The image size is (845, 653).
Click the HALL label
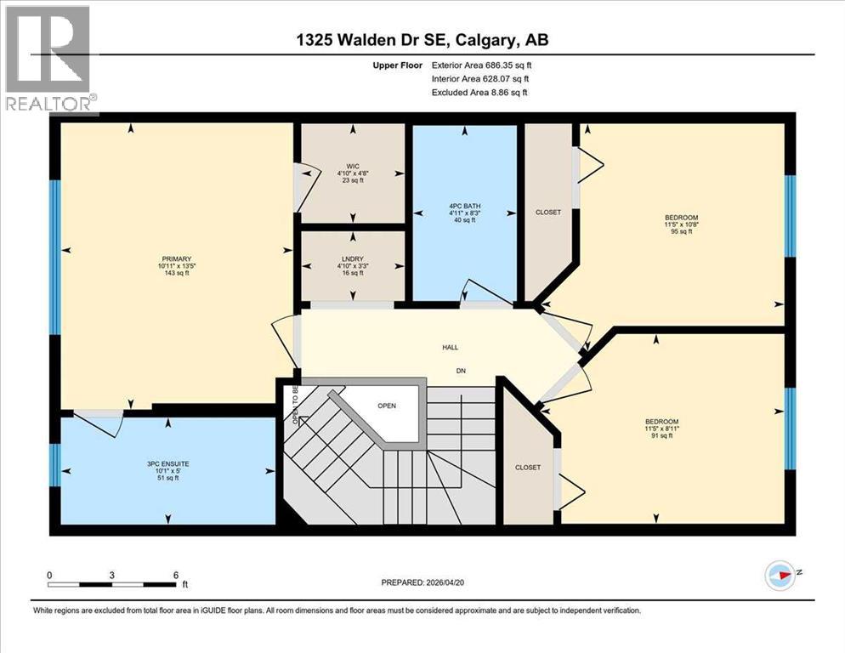pyautogui.click(x=450, y=347)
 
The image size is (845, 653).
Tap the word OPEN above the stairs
pyautogui.click(x=387, y=406)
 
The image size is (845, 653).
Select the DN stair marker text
pyautogui.click(x=460, y=372)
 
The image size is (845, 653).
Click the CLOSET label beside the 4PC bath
pyautogui.click(x=548, y=213)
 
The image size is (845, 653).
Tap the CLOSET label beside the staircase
pyautogui.click(x=528, y=468)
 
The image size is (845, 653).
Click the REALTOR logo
pyautogui.click(x=48, y=60)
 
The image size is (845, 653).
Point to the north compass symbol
pyautogui.click(x=780, y=576)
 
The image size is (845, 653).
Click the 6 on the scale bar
pyautogui.click(x=175, y=575)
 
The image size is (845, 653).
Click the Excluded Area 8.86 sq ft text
pyautogui.click(x=479, y=93)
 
